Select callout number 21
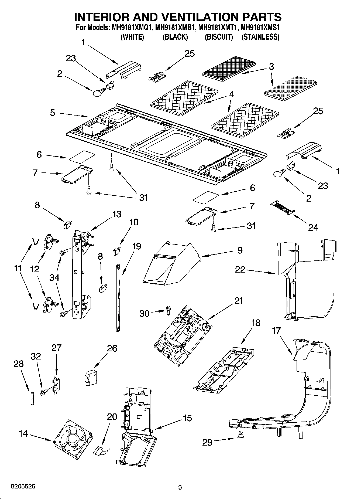(238, 301)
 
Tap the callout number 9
(240, 250)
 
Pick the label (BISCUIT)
(219, 37)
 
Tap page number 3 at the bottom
(180, 487)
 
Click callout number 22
(240, 269)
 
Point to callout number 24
(313, 228)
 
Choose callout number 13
(116, 215)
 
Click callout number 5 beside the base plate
(53, 113)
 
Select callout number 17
(276, 331)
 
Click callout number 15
(187, 418)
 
